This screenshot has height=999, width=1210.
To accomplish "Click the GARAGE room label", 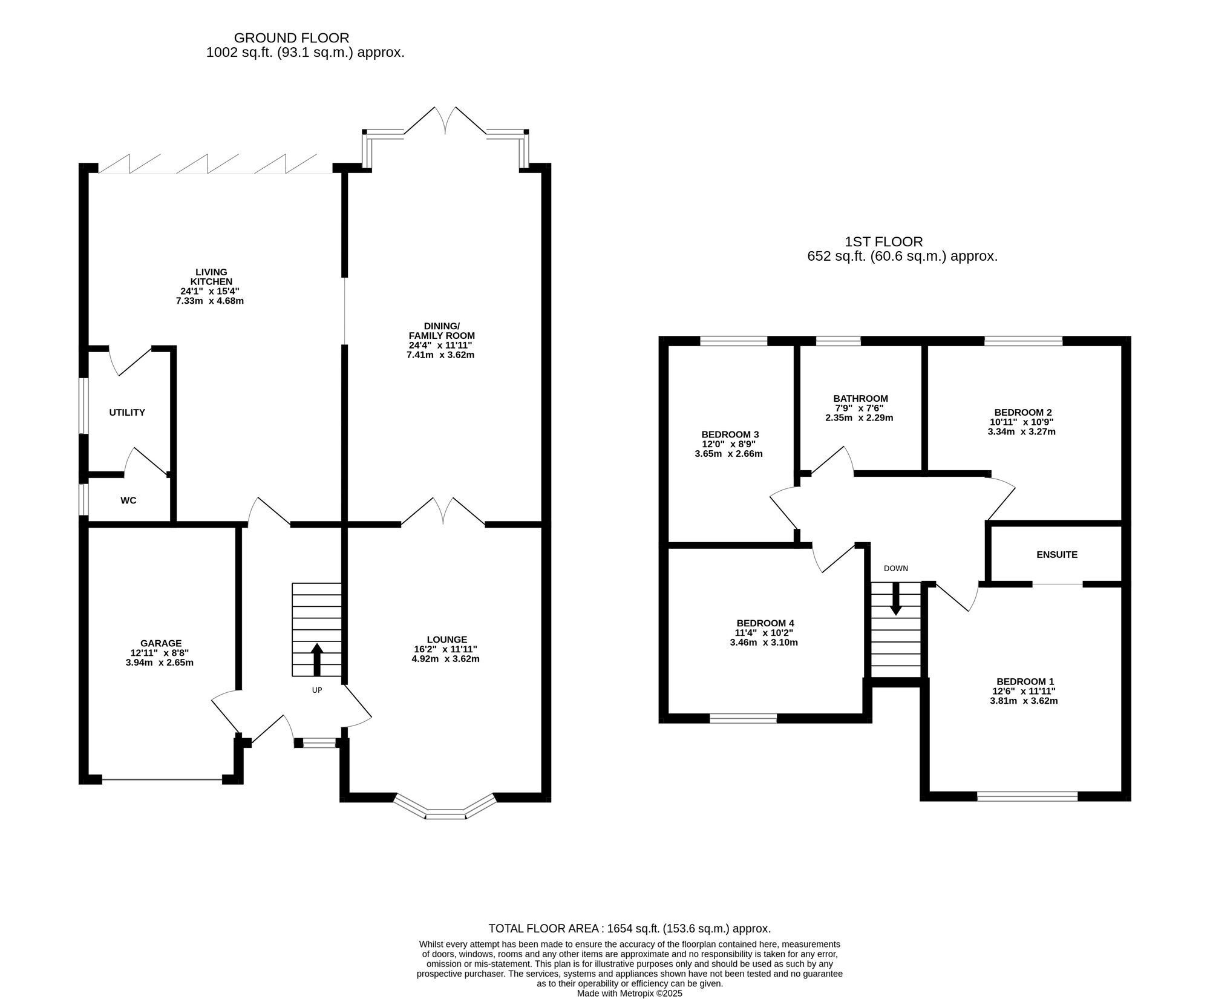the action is [x=161, y=643].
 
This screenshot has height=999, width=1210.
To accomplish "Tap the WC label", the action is [x=128, y=500].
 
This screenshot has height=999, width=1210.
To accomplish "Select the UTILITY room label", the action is [x=127, y=413].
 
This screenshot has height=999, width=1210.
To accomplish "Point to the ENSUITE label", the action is [x=1057, y=554].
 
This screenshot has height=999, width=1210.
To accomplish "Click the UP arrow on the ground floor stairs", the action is [x=317, y=660].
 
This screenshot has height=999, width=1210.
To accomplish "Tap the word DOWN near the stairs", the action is [x=896, y=568].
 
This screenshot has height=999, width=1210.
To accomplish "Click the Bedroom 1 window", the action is [x=1027, y=796].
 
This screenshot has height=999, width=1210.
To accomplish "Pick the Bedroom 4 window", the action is [x=743, y=718].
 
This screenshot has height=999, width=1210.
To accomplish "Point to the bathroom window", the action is [x=839, y=341].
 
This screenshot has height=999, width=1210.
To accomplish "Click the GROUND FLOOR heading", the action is [x=292, y=38].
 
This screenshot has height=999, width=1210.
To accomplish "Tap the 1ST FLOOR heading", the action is [x=884, y=242].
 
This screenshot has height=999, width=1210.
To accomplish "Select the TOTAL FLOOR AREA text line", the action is [x=630, y=928].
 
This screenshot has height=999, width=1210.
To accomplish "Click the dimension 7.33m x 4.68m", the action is [x=206, y=301].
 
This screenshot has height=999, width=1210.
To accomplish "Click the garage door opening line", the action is [x=162, y=779].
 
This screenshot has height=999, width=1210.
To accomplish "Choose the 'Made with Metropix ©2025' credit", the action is [x=630, y=993].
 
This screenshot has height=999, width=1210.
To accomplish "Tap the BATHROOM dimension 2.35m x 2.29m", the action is [x=859, y=418].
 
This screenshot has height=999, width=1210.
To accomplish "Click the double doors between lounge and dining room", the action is [x=443, y=511].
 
